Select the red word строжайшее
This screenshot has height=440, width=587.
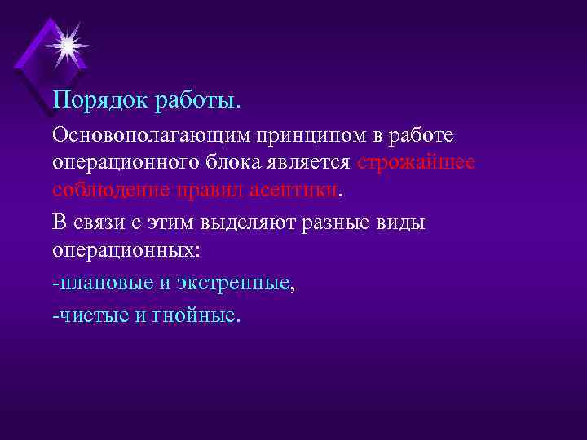pyautogui.click(x=416, y=162)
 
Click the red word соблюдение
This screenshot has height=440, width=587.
pyautogui.click(x=108, y=191)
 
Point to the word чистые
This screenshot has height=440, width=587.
pyautogui.click(x=89, y=314)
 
